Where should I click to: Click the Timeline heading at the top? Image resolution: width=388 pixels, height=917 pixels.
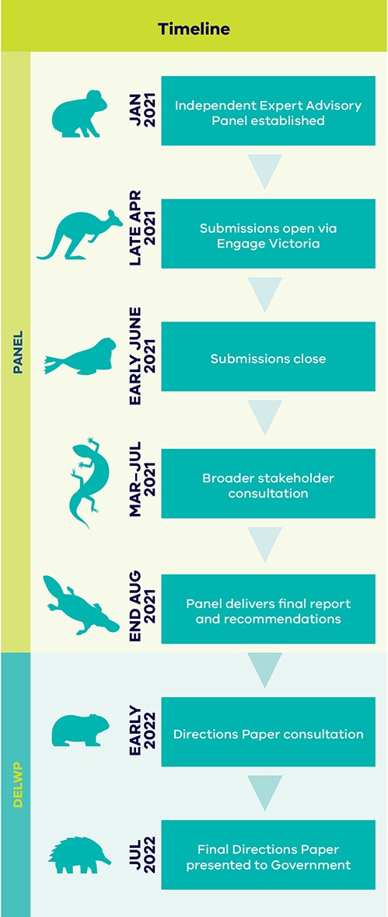194,29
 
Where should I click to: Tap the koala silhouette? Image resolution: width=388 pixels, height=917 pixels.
79,114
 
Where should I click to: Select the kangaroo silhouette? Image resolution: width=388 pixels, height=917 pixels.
79,234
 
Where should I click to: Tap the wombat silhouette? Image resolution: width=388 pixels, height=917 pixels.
80,729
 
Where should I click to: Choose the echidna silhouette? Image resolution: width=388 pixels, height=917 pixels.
79,855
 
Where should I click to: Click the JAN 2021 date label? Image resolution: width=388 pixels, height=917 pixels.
142,110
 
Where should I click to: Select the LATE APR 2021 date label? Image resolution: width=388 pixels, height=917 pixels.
142,228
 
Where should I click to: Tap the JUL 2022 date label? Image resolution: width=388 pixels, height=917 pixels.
142,855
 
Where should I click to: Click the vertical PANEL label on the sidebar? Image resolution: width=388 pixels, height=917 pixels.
17,352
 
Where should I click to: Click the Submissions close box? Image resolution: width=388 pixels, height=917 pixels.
268,356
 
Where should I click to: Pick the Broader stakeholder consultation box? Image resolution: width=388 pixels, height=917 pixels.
268,484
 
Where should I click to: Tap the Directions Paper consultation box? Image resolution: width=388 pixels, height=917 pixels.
268,732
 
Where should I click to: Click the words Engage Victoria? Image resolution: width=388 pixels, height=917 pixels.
268,243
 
